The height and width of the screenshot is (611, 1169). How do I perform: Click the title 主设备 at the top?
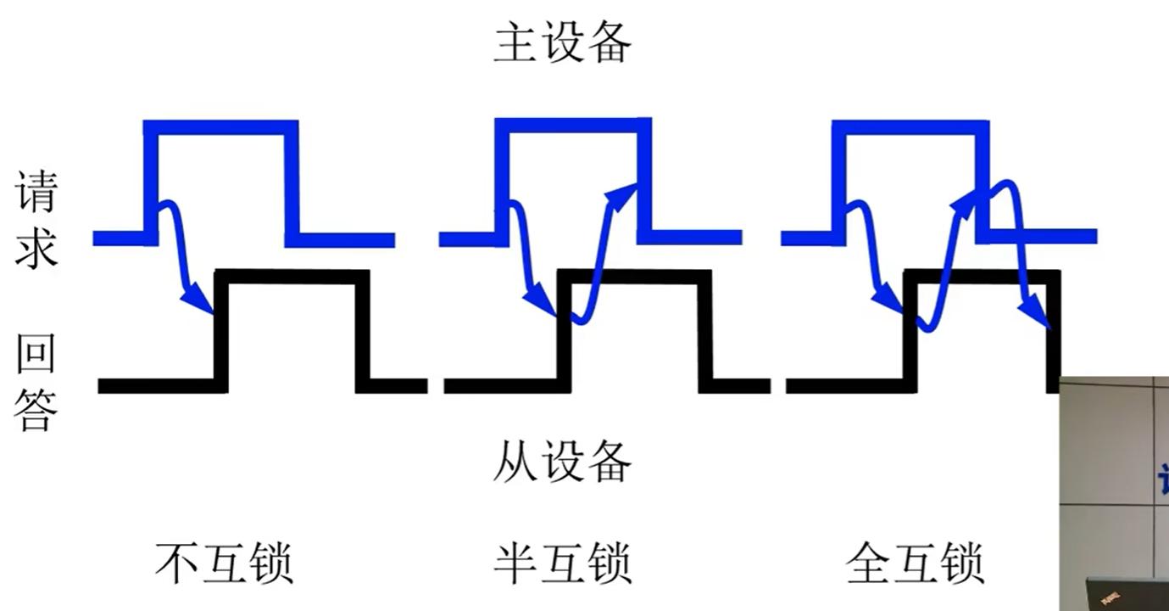[562, 43]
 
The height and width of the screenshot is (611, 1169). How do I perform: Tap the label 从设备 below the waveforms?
[562, 462]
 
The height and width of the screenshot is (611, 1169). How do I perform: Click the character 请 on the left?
[36, 191]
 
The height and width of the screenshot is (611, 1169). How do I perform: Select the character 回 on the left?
[36, 355]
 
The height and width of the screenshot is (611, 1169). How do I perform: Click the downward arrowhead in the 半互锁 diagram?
[540, 302]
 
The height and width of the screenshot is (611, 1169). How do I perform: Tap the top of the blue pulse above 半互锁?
[572, 126]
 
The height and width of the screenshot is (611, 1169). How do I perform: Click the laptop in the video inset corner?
[1127, 594]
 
